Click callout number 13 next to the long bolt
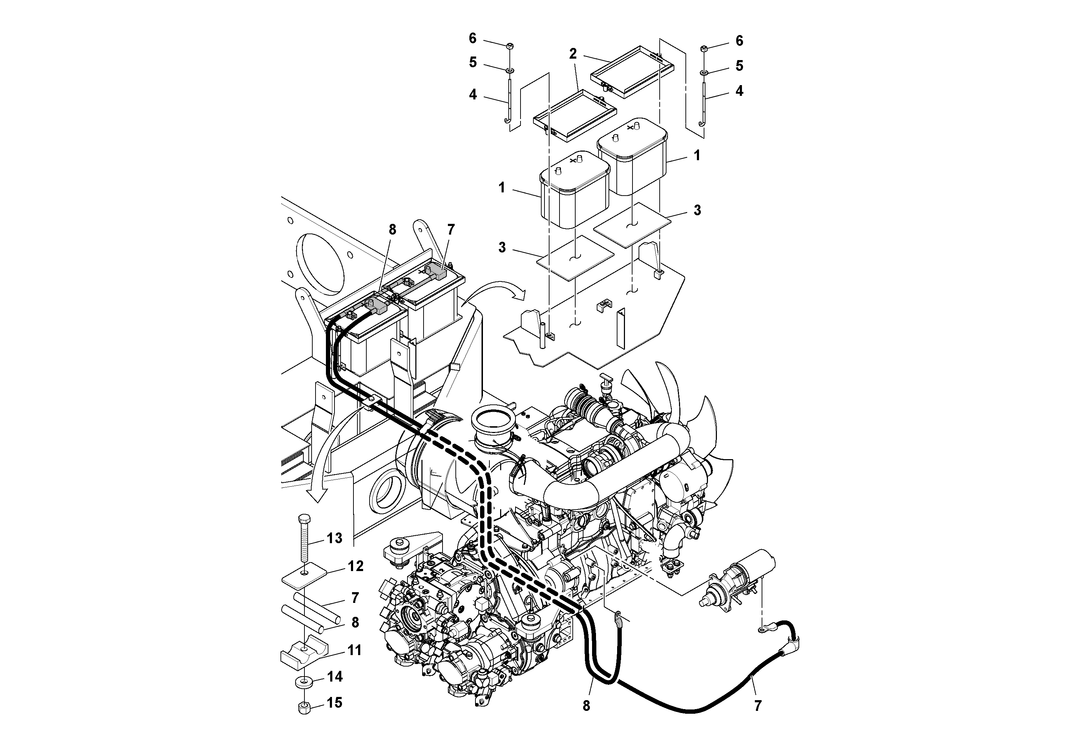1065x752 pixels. tap(334, 538)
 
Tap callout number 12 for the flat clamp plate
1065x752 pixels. tap(356, 566)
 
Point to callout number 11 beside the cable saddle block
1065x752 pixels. tap(355, 650)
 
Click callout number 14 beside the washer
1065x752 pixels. tap(334, 677)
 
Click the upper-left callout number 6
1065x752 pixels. tap(472, 38)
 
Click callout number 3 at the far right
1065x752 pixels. tap(697, 210)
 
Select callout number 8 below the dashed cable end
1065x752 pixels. tap(586, 706)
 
